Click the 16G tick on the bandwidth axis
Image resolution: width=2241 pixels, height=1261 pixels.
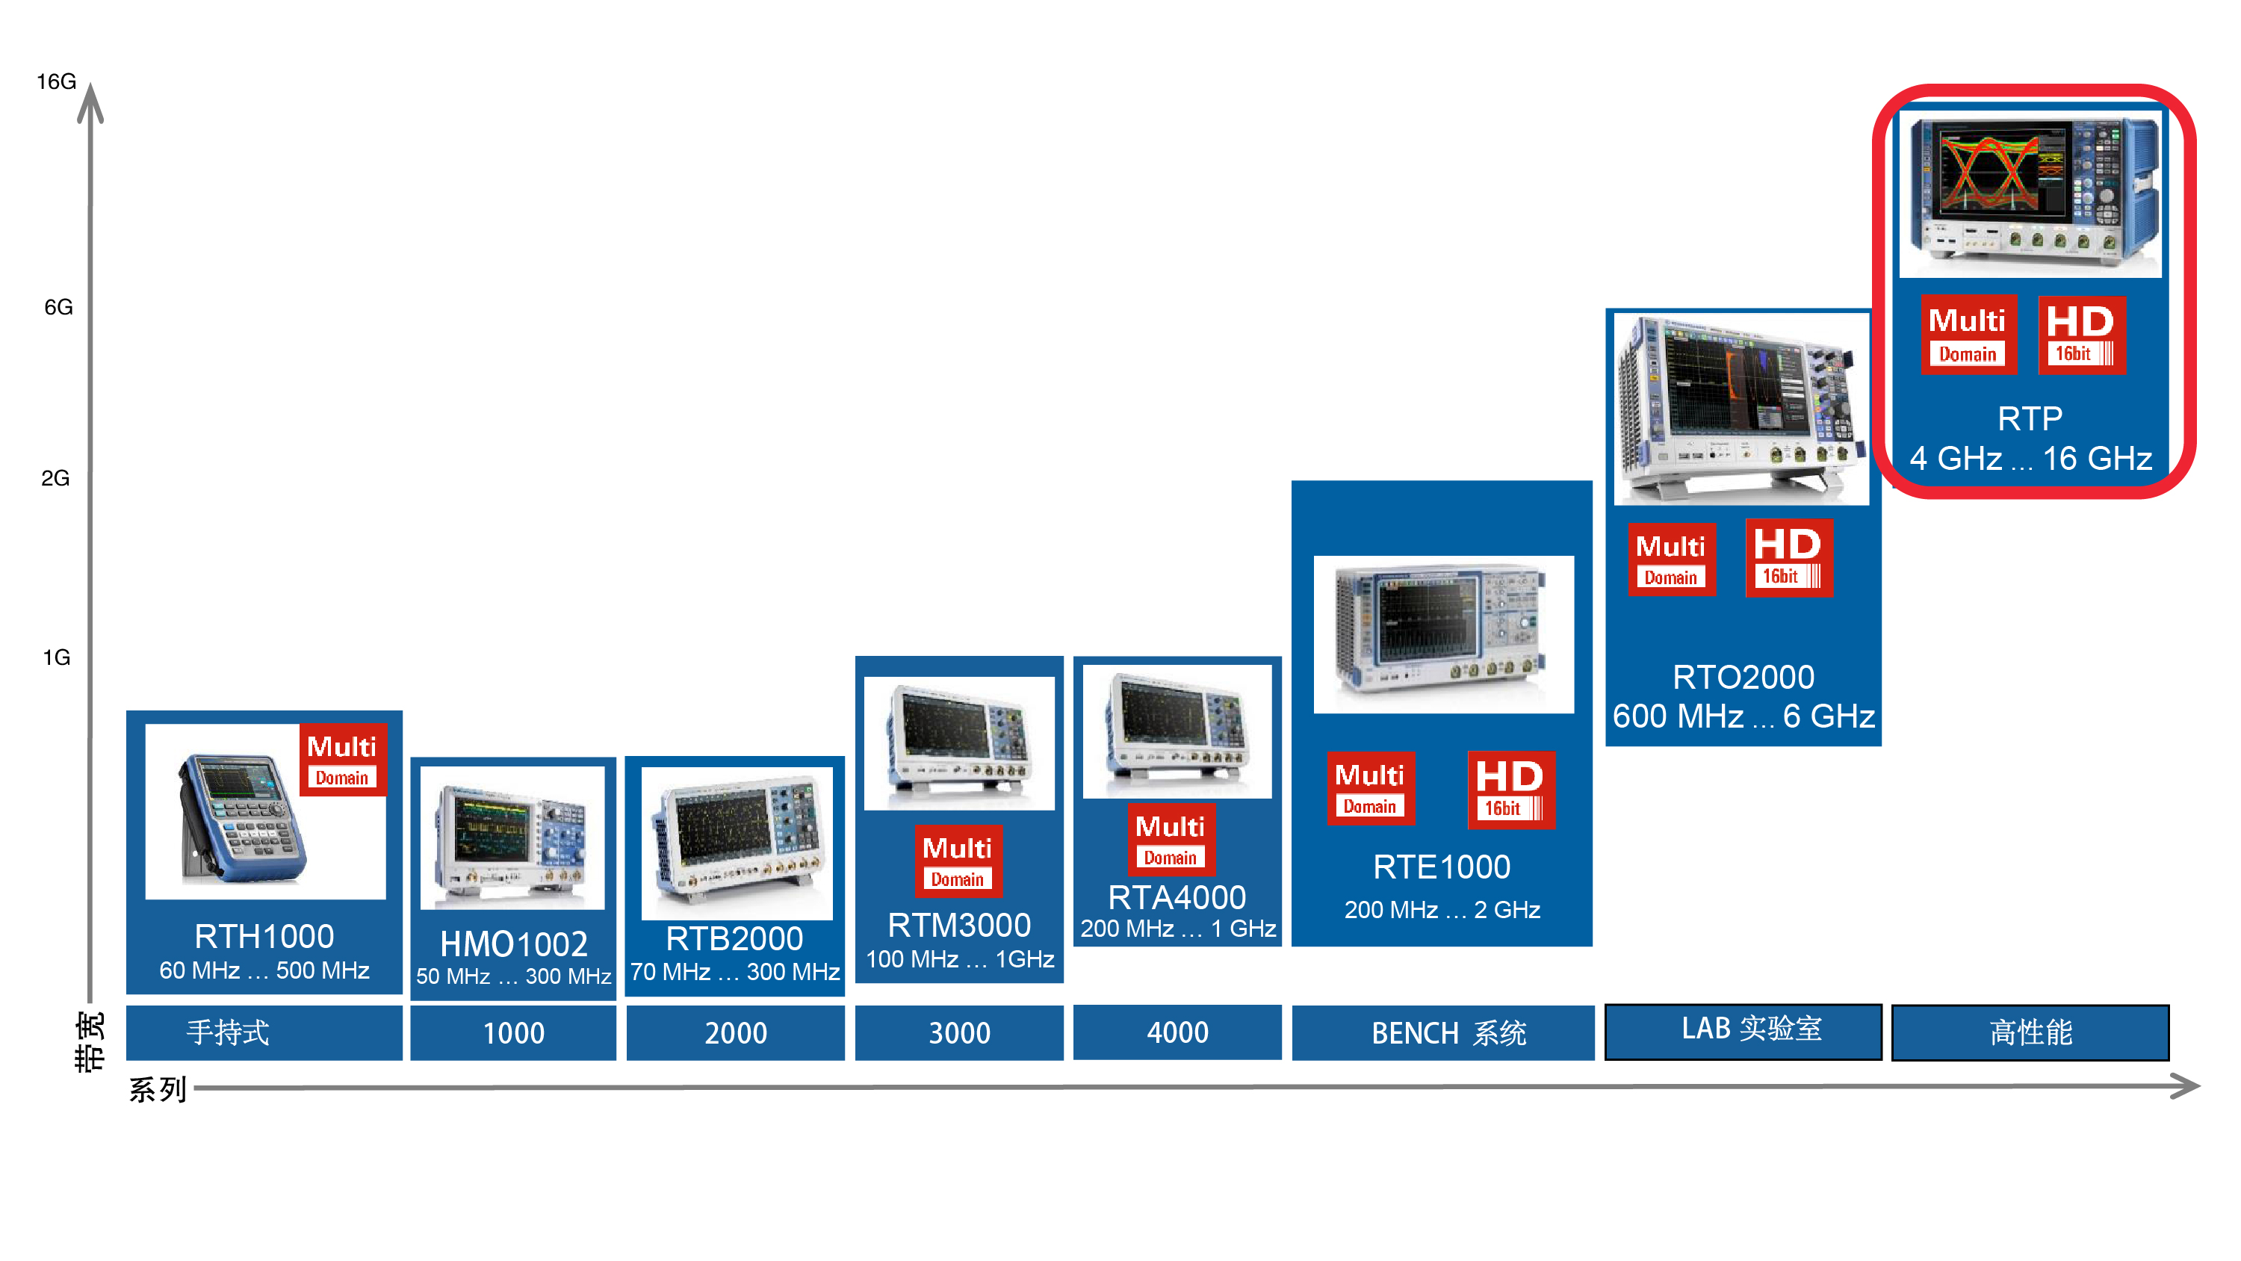point(57,82)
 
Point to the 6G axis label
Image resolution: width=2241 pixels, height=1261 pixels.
point(58,307)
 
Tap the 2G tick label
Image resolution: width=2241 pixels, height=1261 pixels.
point(56,478)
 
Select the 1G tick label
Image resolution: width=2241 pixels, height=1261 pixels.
point(57,657)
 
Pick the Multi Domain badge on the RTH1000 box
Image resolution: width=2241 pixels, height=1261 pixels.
point(342,760)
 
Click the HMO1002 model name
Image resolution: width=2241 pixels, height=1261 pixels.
point(513,944)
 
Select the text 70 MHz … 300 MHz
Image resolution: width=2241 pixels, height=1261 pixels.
point(735,971)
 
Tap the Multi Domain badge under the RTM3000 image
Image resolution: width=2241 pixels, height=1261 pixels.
point(958,860)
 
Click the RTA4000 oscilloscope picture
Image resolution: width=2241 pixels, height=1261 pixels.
point(1177,731)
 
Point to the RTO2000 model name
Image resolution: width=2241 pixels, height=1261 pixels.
point(1743,677)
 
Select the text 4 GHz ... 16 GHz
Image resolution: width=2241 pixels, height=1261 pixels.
point(2030,459)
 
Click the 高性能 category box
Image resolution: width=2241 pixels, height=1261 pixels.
point(2030,1032)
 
